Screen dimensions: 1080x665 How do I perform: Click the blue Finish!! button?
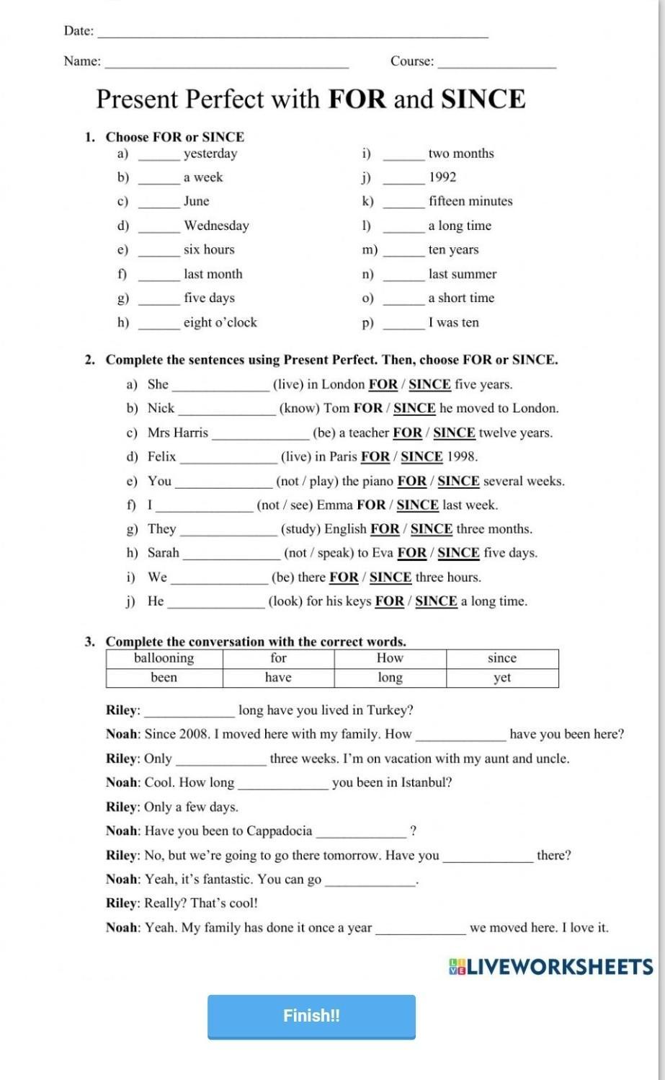point(311,1016)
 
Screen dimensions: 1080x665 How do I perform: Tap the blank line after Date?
point(293,32)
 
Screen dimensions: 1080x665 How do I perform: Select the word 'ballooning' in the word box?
point(164,658)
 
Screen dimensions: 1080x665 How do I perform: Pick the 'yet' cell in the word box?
point(502,678)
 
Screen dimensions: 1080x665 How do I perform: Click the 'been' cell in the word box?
point(164,678)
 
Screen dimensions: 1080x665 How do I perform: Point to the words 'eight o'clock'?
point(220,323)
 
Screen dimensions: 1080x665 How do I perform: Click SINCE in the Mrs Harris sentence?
point(454,433)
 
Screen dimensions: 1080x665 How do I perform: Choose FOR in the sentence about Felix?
point(375,456)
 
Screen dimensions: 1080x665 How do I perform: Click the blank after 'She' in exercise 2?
point(220,386)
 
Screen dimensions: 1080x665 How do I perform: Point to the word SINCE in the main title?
point(483,99)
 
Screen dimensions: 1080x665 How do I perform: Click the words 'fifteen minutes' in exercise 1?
point(470,201)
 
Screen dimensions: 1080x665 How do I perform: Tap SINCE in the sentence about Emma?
point(418,505)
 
